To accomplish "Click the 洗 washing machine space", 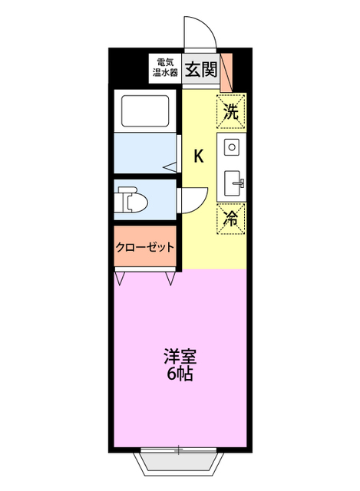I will tap(231, 110).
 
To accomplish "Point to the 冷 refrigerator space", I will tap(231, 219).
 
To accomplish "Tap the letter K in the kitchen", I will tap(198, 156).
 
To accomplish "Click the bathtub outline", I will tap(146, 111).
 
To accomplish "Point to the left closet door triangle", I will tap(121, 278).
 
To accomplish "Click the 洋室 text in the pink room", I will tap(180, 357).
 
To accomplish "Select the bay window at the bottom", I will tap(180, 460).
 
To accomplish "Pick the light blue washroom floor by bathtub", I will tap(142, 153).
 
